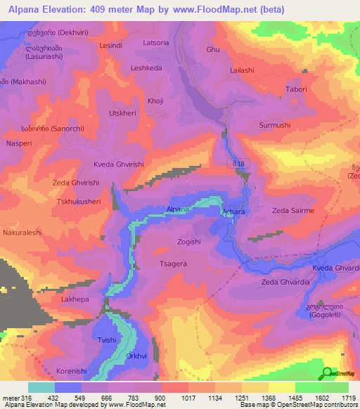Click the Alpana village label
click(178, 209)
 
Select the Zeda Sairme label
click(293, 210)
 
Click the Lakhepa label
click(75, 299)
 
